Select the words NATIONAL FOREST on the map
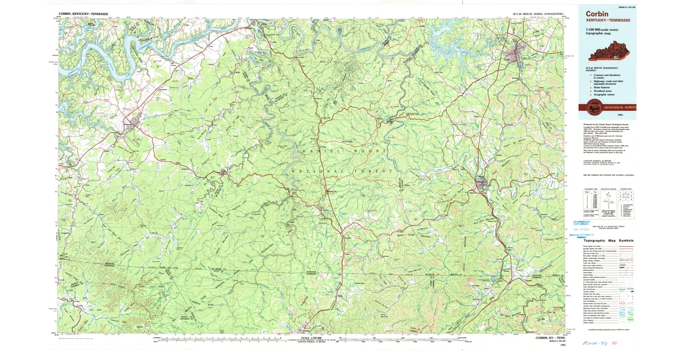coord(342,171)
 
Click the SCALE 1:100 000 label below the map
coord(313,336)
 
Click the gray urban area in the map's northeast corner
coord(517,56)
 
